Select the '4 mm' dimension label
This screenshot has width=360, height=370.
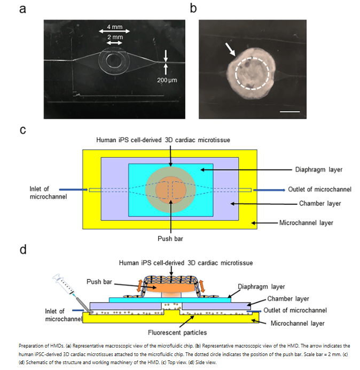pos(114,27)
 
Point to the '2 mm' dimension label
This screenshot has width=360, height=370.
pos(114,37)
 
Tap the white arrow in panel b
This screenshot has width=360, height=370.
pos(230,50)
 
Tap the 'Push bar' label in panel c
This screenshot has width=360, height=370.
pos(170,238)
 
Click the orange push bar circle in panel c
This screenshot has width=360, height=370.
pos(170,190)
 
